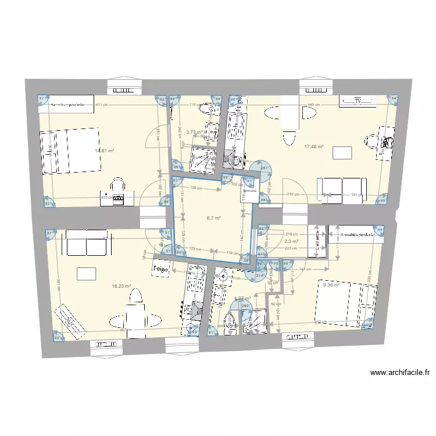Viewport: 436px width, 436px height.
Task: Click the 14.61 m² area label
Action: (105, 151)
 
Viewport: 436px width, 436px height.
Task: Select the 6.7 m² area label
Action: (213, 219)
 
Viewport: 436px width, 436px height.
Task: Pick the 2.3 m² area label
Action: (291, 241)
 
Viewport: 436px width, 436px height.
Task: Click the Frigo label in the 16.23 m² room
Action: (160, 270)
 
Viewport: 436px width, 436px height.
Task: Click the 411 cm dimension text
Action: (102, 105)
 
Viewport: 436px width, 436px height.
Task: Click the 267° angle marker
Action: (265, 169)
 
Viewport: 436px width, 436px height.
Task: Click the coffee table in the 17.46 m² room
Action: (342, 153)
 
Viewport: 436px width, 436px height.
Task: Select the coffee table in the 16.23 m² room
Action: (85, 273)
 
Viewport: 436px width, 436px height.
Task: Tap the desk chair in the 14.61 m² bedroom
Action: (119, 185)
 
